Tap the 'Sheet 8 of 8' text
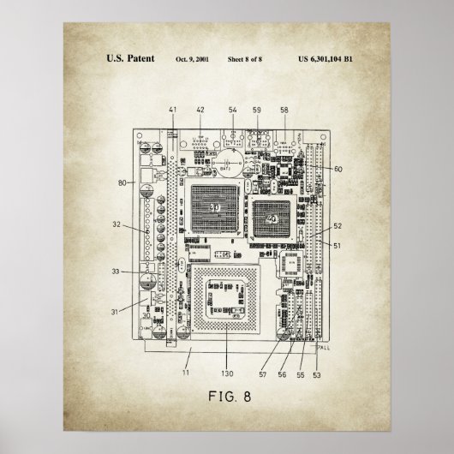[x=251, y=59]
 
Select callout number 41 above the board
[x=173, y=110]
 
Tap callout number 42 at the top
[x=200, y=110]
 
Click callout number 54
[x=232, y=110]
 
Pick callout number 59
[x=256, y=110]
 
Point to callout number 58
[x=284, y=110]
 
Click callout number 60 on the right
[x=338, y=170]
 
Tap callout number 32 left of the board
[x=116, y=225]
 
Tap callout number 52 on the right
[x=338, y=226]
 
